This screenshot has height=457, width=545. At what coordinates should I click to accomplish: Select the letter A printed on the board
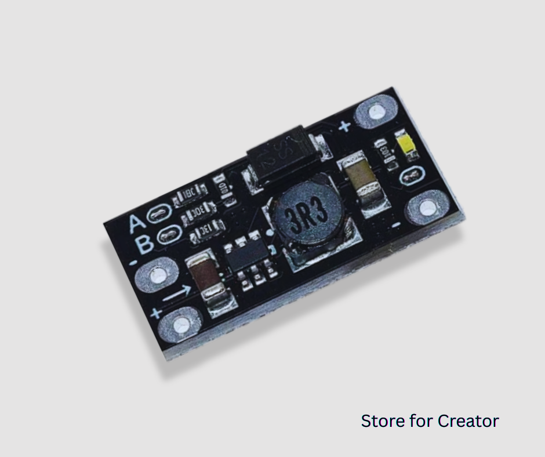[x=136, y=222]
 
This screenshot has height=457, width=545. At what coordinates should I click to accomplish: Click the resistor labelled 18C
[x=190, y=197]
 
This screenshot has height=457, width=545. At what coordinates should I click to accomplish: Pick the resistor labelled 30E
[x=198, y=217]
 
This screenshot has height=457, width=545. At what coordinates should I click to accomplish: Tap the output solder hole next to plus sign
[x=378, y=112]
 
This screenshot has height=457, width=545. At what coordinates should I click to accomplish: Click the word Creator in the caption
[x=468, y=420]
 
